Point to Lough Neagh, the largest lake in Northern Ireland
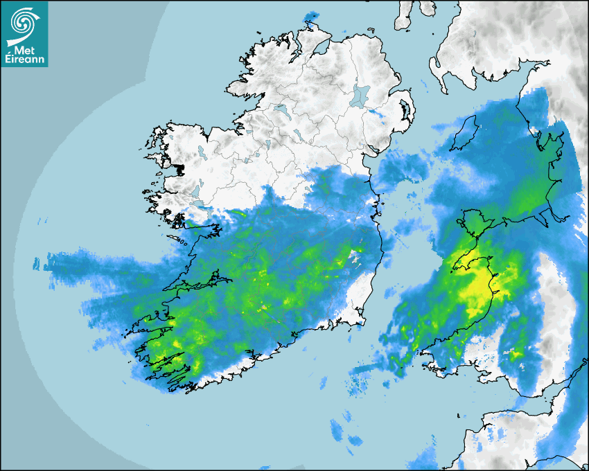tap(360, 96)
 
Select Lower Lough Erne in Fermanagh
tap(281, 109)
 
